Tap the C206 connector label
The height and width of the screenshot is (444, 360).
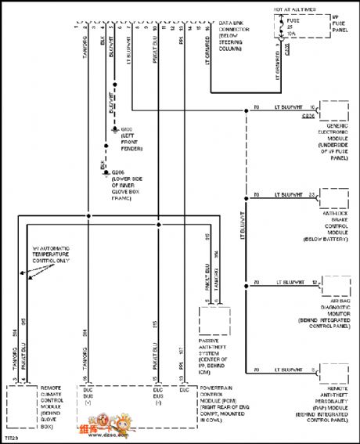[308, 115]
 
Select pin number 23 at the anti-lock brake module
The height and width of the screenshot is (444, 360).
[311, 194]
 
